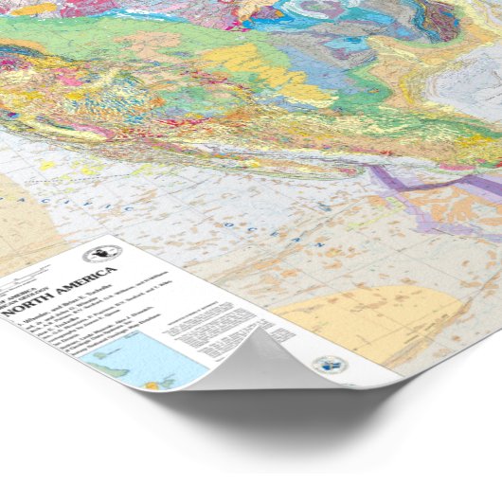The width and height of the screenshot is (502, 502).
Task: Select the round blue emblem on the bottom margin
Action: point(331,365)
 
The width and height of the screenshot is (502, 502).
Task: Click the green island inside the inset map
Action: point(152,379)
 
